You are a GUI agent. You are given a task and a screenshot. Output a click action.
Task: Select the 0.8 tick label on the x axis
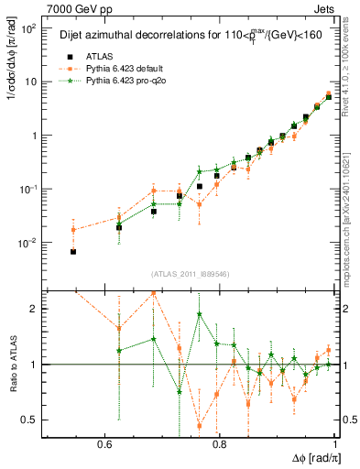[x=219, y=443]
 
